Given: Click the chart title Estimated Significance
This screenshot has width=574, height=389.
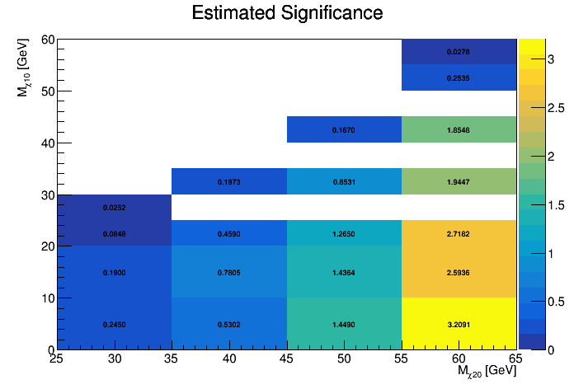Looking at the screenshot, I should tap(287, 13).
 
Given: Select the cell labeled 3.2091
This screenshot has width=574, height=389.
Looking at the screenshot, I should tap(459, 324).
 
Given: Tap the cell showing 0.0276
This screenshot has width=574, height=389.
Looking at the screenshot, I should tap(459, 52).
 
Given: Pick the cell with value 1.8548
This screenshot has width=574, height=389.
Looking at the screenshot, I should tap(459, 129).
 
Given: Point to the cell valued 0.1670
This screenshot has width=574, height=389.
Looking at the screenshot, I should tap(344, 129).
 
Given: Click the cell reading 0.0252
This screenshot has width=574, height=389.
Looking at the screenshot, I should tap(115, 208).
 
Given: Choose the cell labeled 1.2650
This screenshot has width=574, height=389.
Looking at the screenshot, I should tap(344, 233).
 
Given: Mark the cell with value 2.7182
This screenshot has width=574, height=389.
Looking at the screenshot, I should tap(459, 233).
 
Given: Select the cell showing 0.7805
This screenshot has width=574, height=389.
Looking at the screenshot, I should tap(229, 272).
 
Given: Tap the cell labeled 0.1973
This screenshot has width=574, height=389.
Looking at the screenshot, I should tap(229, 181).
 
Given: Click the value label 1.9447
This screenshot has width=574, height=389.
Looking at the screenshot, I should tap(459, 181).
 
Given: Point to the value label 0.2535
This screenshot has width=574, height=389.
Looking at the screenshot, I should tap(459, 77).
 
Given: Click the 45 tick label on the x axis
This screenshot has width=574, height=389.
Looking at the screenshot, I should tap(287, 359).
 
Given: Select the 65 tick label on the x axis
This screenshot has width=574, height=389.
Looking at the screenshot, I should tap(515, 359).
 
